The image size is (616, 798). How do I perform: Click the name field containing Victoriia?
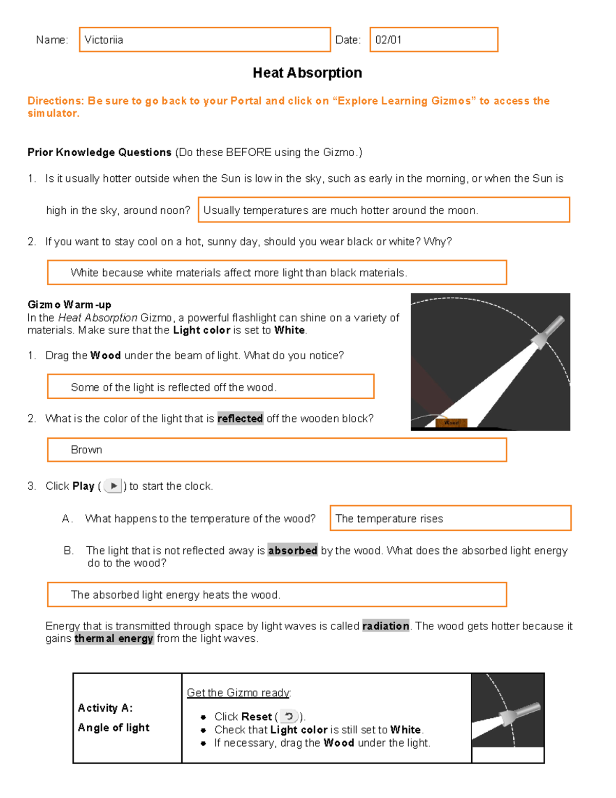(204, 40)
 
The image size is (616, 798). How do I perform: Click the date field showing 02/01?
(433, 40)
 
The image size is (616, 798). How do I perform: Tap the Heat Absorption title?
(307, 73)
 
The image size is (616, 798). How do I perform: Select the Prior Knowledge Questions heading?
(99, 153)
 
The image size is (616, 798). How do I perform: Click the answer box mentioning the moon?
(383, 210)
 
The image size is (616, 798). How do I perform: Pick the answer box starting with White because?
(277, 272)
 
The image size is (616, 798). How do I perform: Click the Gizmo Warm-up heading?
(69, 305)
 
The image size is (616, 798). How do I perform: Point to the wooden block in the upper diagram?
(451, 422)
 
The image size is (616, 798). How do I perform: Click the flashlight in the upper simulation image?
(547, 331)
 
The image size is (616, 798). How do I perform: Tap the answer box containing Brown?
(277, 450)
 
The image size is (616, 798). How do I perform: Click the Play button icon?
(112, 486)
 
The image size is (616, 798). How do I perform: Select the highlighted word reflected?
(240, 418)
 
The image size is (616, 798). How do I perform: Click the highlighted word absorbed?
(293, 550)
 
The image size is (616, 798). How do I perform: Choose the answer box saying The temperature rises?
(450, 518)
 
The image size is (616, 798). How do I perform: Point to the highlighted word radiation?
(386, 626)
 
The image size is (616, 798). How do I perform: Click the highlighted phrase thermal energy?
(113, 638)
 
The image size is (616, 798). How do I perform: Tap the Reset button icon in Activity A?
(288, 716)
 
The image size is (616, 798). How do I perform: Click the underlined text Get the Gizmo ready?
(238, 693)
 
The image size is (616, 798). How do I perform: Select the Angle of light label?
(113, 728)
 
